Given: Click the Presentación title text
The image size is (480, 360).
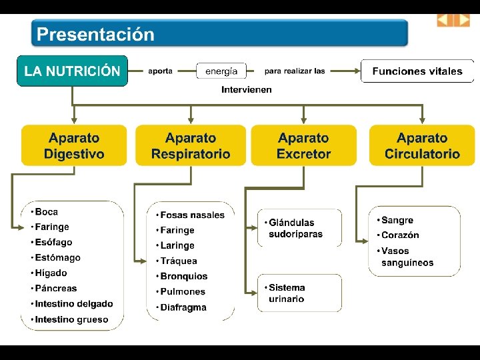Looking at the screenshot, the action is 95,35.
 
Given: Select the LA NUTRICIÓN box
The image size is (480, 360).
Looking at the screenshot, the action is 72,71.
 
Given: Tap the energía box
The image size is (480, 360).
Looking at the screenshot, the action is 221,71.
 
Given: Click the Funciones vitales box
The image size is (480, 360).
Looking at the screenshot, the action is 417,71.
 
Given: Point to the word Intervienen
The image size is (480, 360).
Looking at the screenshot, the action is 247,89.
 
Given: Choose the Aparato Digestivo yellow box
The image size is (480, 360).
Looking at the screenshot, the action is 74,146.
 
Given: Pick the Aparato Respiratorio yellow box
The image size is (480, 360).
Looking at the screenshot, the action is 191,146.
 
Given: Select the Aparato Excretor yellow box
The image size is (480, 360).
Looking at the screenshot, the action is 304,146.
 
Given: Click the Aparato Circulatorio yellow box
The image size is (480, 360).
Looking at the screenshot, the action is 422,146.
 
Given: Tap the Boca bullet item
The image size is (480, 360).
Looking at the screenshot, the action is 46,212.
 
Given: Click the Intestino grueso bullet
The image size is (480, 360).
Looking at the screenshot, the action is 71,320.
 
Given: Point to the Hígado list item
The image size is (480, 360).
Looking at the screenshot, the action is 51,273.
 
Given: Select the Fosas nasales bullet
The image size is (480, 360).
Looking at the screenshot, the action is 192,215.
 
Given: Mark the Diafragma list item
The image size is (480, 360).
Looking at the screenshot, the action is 183,308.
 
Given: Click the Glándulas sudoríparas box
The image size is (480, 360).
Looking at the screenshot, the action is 299,228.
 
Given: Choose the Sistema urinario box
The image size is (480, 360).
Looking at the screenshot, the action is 299,293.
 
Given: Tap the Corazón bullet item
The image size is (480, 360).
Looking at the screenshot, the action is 400,235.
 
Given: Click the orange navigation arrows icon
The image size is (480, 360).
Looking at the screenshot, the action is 453,21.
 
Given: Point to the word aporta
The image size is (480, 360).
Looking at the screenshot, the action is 161,71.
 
